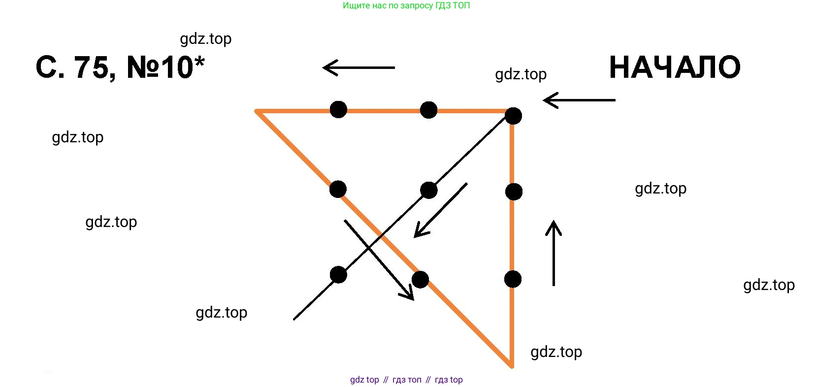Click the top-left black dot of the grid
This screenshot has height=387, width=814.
(x=338, y=109)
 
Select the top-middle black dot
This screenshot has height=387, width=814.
(x=428, y=110)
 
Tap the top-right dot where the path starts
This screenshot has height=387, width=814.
(x=513, y=116)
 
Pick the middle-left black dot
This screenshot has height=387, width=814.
(x=338, y=189)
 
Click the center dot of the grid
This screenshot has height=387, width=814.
(x=429, y=190)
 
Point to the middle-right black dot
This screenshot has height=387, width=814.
(x=514, y=192)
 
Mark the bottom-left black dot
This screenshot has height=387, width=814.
(x=338, y=275)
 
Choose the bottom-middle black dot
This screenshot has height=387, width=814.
(x=420, y=279)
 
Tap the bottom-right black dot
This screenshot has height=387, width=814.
(x=513, y=279)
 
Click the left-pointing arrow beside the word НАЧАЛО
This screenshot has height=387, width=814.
(x=579, y=100)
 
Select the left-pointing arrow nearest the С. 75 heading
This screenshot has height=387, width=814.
(x=358, y=67)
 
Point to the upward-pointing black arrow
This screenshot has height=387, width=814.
(x=554, y=253)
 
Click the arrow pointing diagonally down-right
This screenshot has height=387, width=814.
(x=379, y=259)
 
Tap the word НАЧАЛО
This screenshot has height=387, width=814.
(x=675, y=67)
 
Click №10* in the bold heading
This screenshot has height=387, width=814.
(x=165, y=67)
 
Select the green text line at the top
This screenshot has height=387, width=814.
(x=406, y=6)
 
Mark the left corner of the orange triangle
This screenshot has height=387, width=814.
(x=257, y=111)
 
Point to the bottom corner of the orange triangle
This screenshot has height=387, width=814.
(x=512, y=366)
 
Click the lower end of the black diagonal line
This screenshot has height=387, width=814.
(x=294, y=319)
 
